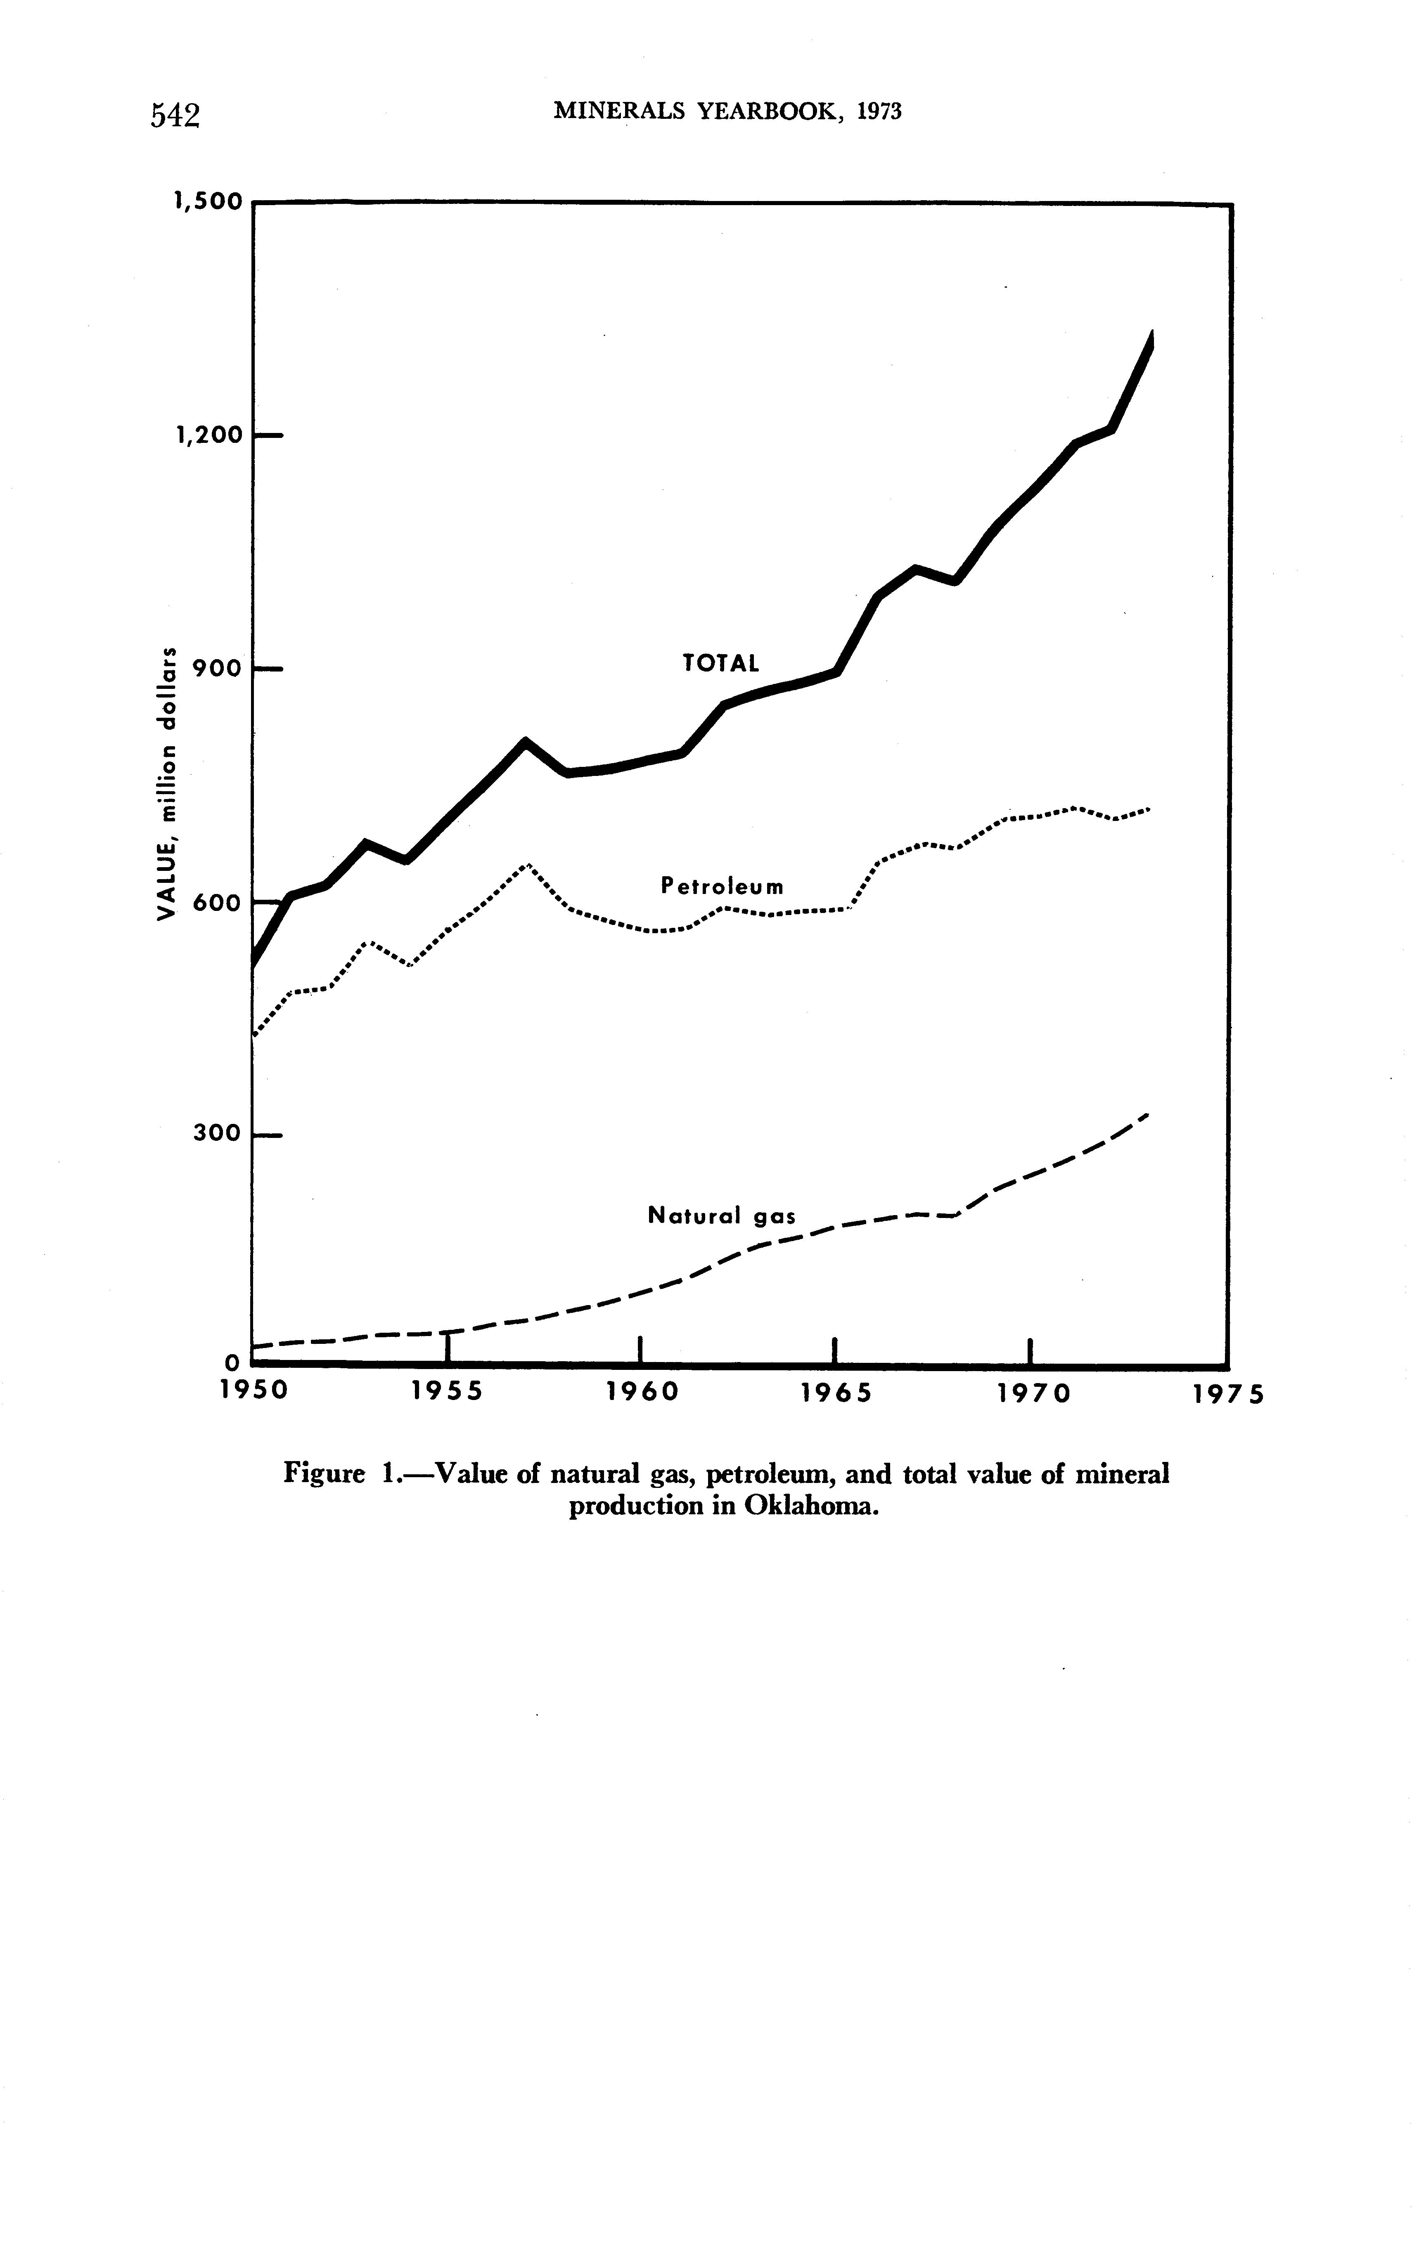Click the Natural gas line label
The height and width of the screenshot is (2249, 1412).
click(x=722, y=1216)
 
